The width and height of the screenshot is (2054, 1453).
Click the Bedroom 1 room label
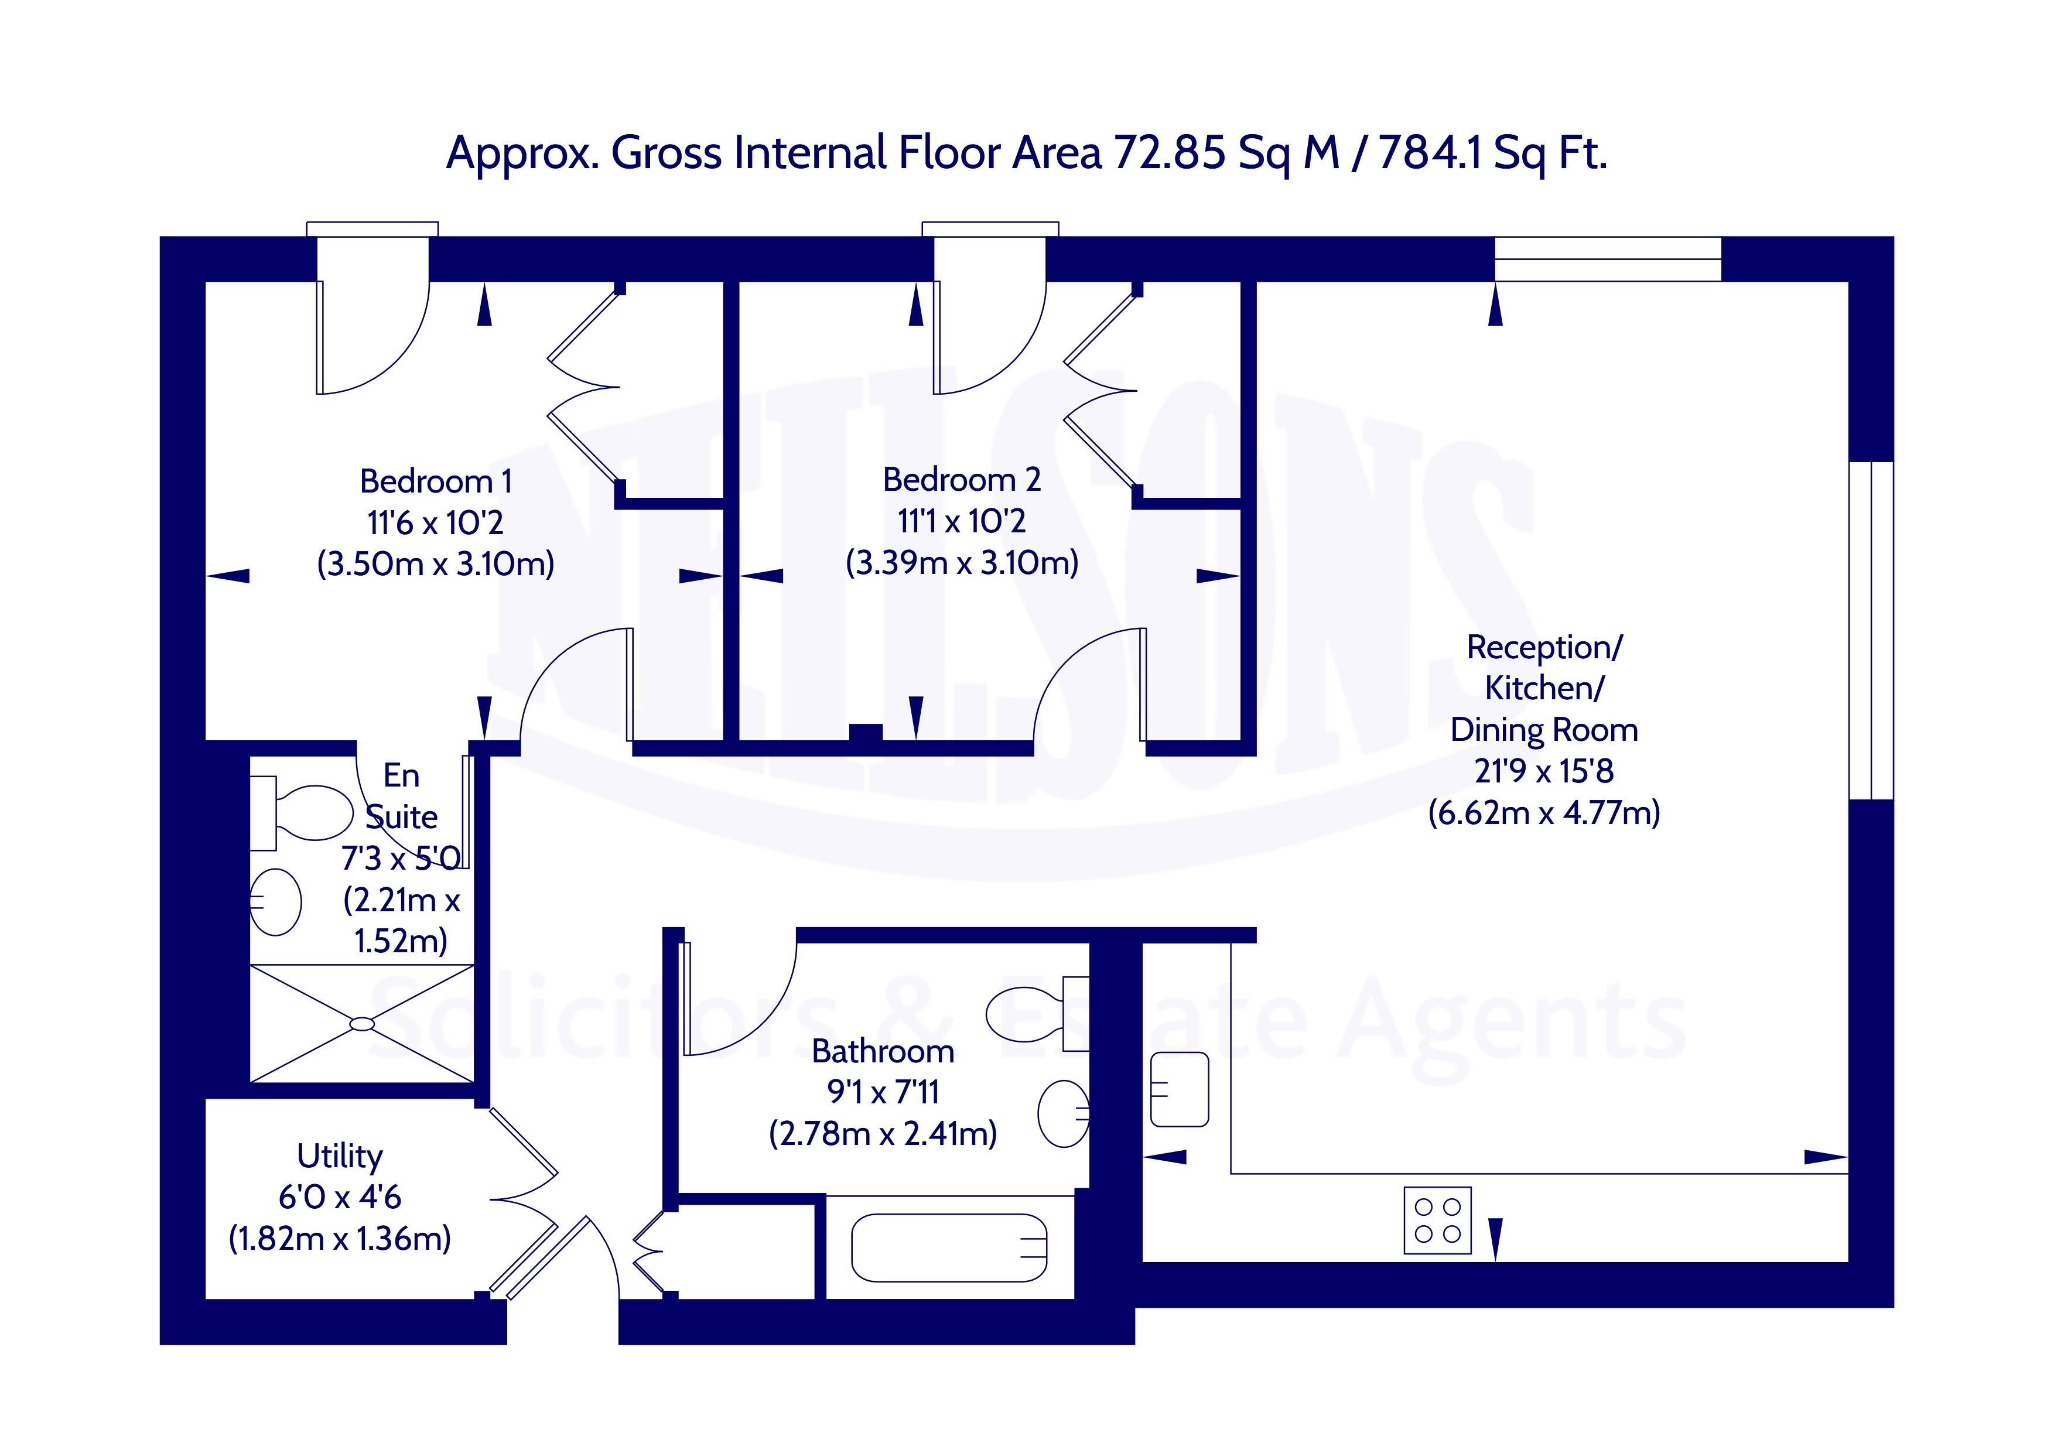pyautogui.click(x=436, y=482)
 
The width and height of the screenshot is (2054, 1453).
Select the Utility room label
pyautogui.click(x=340, y=1157)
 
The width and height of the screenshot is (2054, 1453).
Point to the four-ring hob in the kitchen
pyautogui.click(x=1438, y=1220)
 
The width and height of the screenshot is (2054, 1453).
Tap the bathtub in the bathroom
pyautogui.click(x=949, y=1247)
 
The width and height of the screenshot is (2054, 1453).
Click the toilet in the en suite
pyautogui.click(x=302, y=813)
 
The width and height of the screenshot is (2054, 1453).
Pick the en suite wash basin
pyautogui.click(x=275, y=902)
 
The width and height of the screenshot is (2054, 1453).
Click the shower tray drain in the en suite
pyautogui.click(x=363, y=1024)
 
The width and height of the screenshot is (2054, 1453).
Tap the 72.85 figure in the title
pyautogui.click(x=1168, y=153)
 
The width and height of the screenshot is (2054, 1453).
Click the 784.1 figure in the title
pyautogui.click(x=1428, y=153)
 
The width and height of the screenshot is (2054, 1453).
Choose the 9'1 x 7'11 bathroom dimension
pyautogui.click(x=883, y=1092)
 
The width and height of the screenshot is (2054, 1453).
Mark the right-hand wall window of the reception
pyautogui.click(x=1871, y=630)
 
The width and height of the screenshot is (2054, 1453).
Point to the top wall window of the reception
pyautogui.click(x=1608, y=259)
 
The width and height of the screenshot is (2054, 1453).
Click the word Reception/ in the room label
pyautogui.click(x=1544, y=648)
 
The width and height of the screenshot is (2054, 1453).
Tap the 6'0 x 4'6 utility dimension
pyautogui.click(x=340, y=1197)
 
